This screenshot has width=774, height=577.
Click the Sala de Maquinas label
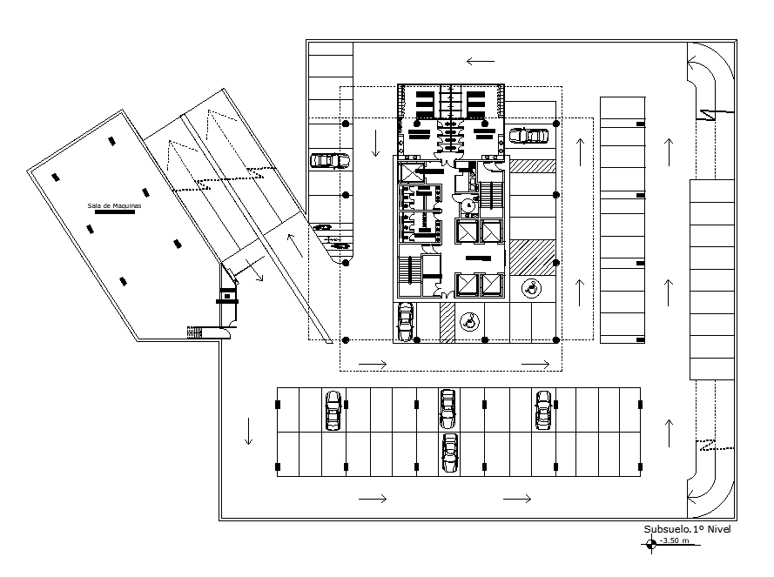114,206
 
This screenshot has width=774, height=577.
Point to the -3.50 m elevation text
676,541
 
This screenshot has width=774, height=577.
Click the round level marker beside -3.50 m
652,545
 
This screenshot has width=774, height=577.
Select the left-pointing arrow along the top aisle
480,61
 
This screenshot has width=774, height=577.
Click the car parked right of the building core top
529,136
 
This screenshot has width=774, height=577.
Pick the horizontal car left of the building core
330,160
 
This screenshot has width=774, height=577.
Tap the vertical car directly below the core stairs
405,322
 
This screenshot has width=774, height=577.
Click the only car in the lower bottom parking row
449,453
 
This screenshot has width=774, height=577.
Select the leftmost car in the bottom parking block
333,410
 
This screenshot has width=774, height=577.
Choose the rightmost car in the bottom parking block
544,409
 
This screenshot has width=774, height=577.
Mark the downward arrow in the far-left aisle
248,432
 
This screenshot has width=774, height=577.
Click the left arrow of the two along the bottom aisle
372,499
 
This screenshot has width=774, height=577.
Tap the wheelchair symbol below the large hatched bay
529,287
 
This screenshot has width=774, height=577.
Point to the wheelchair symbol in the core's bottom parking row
469,322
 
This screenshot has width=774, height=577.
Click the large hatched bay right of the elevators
532,257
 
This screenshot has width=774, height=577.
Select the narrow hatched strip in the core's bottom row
447,322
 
